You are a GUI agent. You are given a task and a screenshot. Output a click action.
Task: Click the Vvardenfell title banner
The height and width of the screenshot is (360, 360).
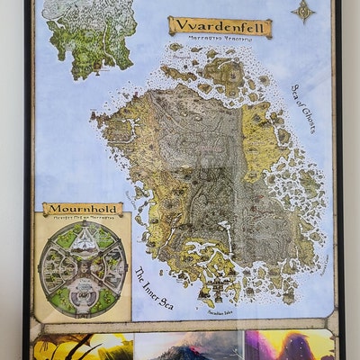point(220,27)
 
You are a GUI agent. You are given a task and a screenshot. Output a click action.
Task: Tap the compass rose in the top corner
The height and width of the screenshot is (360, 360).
point(304,11)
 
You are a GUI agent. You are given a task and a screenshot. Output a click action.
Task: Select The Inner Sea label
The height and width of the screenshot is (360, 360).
point(154,288)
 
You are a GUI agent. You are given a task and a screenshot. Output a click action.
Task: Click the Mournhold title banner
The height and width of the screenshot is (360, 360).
point(83,209)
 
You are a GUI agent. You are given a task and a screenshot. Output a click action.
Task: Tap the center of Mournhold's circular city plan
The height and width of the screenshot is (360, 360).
point(82,267)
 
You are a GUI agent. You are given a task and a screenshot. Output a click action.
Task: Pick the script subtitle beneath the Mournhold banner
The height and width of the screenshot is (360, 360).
point(83,219)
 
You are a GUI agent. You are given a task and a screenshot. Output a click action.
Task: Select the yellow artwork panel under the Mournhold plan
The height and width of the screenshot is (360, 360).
point(83,346)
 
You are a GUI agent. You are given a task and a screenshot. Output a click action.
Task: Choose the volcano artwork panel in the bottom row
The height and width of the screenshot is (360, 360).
point(188,346)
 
